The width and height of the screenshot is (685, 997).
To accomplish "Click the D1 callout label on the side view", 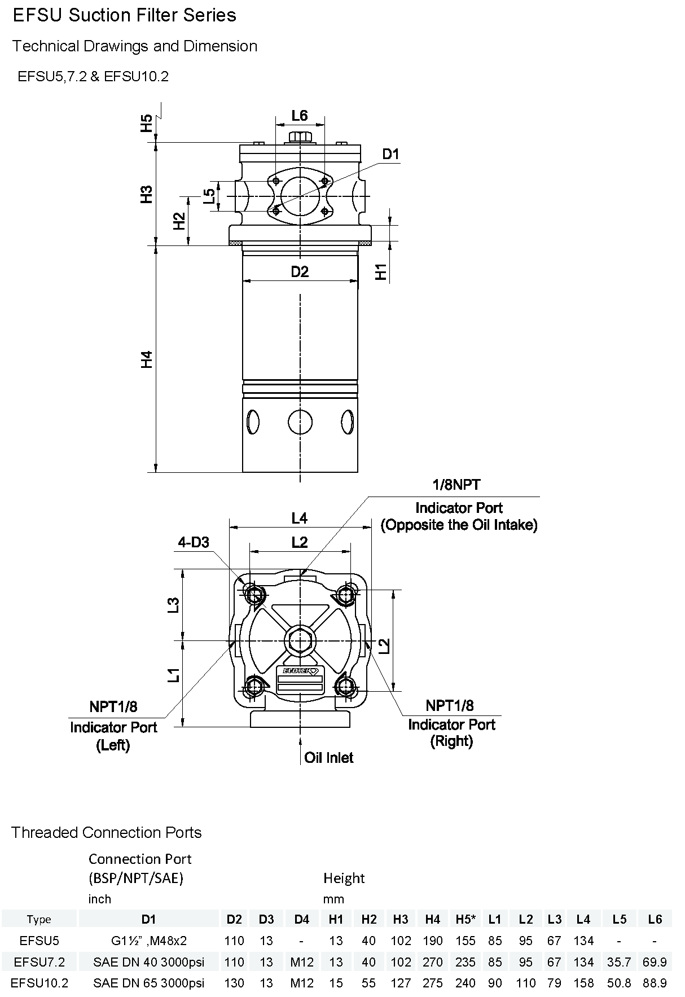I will click(x=390, y=154).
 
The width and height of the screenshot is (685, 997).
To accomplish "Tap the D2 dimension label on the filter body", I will click(x=300, y=272).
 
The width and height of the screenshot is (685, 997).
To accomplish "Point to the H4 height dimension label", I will click(x=147, y=359).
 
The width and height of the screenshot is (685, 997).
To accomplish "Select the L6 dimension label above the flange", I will click(x=300, y=116).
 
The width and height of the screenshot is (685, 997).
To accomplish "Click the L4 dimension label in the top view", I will click(x=300, y=517).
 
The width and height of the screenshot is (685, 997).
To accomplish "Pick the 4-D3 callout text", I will click(x=194, y=542).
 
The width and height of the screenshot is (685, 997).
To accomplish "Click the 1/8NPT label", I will click(x=456, y=485).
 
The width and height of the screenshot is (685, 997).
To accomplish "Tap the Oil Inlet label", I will click(x=328, y=758).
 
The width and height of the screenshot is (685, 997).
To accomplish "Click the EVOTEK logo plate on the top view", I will click(x=300, y=671).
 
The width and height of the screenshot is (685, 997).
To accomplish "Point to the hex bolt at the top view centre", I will click(x=300, y=640).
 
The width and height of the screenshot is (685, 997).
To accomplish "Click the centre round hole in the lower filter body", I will click(x=300, y=421).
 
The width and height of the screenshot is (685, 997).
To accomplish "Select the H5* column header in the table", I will click(x=466, y=919).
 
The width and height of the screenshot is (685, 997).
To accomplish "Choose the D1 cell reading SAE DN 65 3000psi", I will click(x=148, y=983).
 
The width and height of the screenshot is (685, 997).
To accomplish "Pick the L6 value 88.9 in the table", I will click(x=655, y=983).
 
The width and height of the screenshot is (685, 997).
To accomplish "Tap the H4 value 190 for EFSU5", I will click(x=433, y=941).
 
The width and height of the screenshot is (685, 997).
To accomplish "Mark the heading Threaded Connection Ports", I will click(x=107, y=832).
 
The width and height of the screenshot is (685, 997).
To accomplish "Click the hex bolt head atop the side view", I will click(x=300, y=137).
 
